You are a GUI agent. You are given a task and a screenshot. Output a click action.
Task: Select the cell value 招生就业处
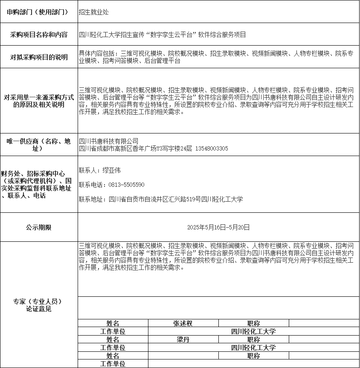click(x=93, y=12)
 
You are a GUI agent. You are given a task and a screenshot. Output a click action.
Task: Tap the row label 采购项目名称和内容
click(x=39, y=35)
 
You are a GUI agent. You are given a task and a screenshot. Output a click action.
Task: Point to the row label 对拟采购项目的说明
click(x=39, y=58)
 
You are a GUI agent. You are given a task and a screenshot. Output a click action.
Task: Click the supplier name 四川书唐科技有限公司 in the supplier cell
click(x=109, y=141)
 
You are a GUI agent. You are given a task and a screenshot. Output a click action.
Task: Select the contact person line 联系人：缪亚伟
click(x=100, y=171)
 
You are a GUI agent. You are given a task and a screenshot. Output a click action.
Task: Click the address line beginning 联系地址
click(x=161, y=199)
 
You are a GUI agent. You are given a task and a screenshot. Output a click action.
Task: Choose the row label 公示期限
click(x=38, y=227)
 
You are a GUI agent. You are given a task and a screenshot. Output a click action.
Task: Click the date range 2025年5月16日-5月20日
click(x=218, y=228)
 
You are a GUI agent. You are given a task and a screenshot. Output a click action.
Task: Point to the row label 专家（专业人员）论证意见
click(x=38, y=305)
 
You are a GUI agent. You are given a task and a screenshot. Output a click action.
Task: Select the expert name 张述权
click(x=183, y=324)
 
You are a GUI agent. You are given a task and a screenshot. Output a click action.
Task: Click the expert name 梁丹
click(x=183, y=340)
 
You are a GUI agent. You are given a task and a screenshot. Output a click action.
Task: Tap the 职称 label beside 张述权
click(x=253, y=324)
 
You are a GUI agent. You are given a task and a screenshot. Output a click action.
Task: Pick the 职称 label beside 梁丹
click(x=253, y=340)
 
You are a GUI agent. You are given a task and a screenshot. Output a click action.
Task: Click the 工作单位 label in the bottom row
click(x=113, y=364)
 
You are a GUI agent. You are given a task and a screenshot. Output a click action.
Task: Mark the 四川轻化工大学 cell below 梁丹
click(x=253, y=348)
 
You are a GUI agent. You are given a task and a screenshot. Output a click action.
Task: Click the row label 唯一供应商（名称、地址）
click(x=38, y=145)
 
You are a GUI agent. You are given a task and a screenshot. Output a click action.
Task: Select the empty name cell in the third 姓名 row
click(x=183, y=356)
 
